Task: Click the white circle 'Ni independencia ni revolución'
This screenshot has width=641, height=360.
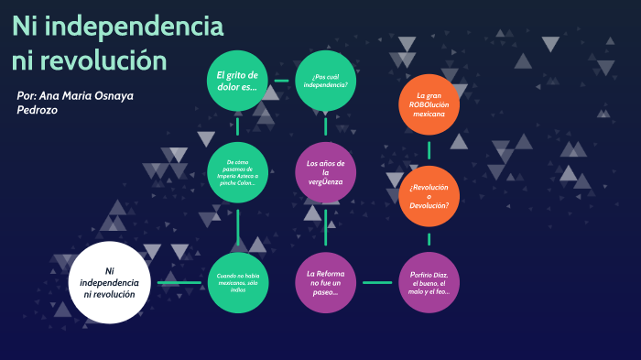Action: [x=109, y=282]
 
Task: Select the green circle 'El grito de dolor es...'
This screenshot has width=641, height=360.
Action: [x=237, y=80]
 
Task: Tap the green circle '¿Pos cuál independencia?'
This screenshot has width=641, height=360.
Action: [x=325, y=80]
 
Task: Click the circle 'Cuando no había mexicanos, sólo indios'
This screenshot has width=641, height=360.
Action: [x=237, y=282]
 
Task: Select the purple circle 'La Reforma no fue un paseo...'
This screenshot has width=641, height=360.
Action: [x=325, y=282]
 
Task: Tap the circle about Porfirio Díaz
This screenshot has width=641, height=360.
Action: [x=428, y=282]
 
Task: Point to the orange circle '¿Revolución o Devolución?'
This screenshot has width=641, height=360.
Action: [x=428, y=197]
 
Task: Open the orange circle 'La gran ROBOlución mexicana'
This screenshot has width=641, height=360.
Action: [x=428, y=104]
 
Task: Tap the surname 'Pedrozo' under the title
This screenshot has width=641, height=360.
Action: [x=38, y=110]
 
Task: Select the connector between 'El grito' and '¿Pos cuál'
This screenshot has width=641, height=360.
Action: [x=281, y=80]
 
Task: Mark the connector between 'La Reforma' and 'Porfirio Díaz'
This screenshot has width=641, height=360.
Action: [x=376, y=282]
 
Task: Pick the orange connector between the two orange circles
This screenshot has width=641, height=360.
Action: [x=428, y=150]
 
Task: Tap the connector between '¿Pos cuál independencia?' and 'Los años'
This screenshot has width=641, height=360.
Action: [x=325, y=126]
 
